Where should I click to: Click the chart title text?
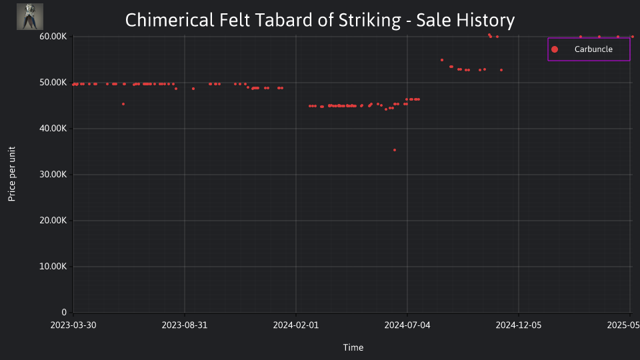click(x=319, y=20)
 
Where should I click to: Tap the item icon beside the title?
click(x=30, y=17)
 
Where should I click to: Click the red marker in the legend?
click(x=554, y=49)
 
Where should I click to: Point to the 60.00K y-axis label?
click(x=53, y=36)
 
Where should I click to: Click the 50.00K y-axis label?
click(x=53, y=83)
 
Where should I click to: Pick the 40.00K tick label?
click(x=53, y=129)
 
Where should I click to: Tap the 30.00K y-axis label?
click(x=53, y=174)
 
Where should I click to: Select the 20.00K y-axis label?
click(x=53, y=221)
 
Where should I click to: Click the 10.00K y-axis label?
click(x=53, y=267)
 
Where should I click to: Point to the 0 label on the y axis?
click(x=64, y=312)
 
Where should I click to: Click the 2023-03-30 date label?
click(x=73, y=325)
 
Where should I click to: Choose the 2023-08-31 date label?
click(x=185, y=325)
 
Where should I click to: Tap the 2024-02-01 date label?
click(x=296, y=325)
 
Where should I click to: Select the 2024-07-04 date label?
click(x=407, y=325)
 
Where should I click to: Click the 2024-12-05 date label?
click(x=519, y=325)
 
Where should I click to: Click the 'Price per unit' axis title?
click(x=12, y=174)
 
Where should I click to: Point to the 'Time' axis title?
click(x=353, y=347)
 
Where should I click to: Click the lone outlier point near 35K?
click(x=394, y=150)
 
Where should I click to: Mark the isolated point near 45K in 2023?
click(x=123, y=104)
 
